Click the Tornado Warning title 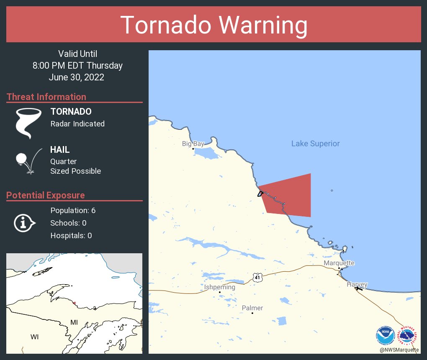[x=213, y=25]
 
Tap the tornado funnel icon [x=28, y=123]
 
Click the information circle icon [x=24, y=223]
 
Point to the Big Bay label [x=193, y=144]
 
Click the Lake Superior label [x=315, y=144]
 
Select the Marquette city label [x=339, y=263]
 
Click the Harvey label [x=357, y=284]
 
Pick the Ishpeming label [x=219, y=287]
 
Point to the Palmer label [x=252, y=308]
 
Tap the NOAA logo [x=385, y=335]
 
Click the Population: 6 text [x=73, y=210]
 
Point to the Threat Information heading [x=46, y=97]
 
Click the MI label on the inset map [x=74, y=322]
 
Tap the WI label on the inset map [x=34, y=337]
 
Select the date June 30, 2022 [x=76, y=77]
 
